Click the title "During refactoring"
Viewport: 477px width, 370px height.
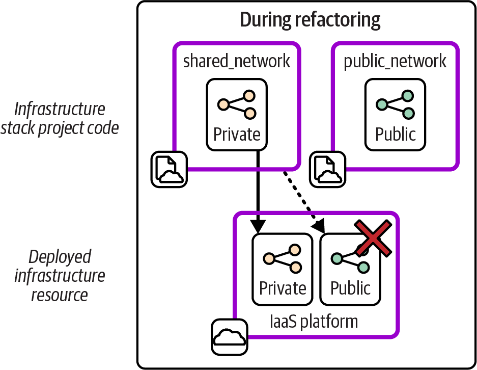coord(310,20)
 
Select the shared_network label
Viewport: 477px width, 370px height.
coord(237,61)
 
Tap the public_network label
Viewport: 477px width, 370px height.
coord(395,61)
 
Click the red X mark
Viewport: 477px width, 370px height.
coord(373,238)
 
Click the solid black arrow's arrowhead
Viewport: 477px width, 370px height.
coord(259,225)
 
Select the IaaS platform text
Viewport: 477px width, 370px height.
coord(314,322)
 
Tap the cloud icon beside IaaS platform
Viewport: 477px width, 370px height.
coord(229,337)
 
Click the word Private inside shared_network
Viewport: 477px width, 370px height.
coord(237,134)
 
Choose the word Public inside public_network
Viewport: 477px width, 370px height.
coord(396,134)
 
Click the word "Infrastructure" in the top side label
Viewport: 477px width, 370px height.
coord(60,109)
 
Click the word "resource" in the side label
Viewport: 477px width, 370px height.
coord(60,295)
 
